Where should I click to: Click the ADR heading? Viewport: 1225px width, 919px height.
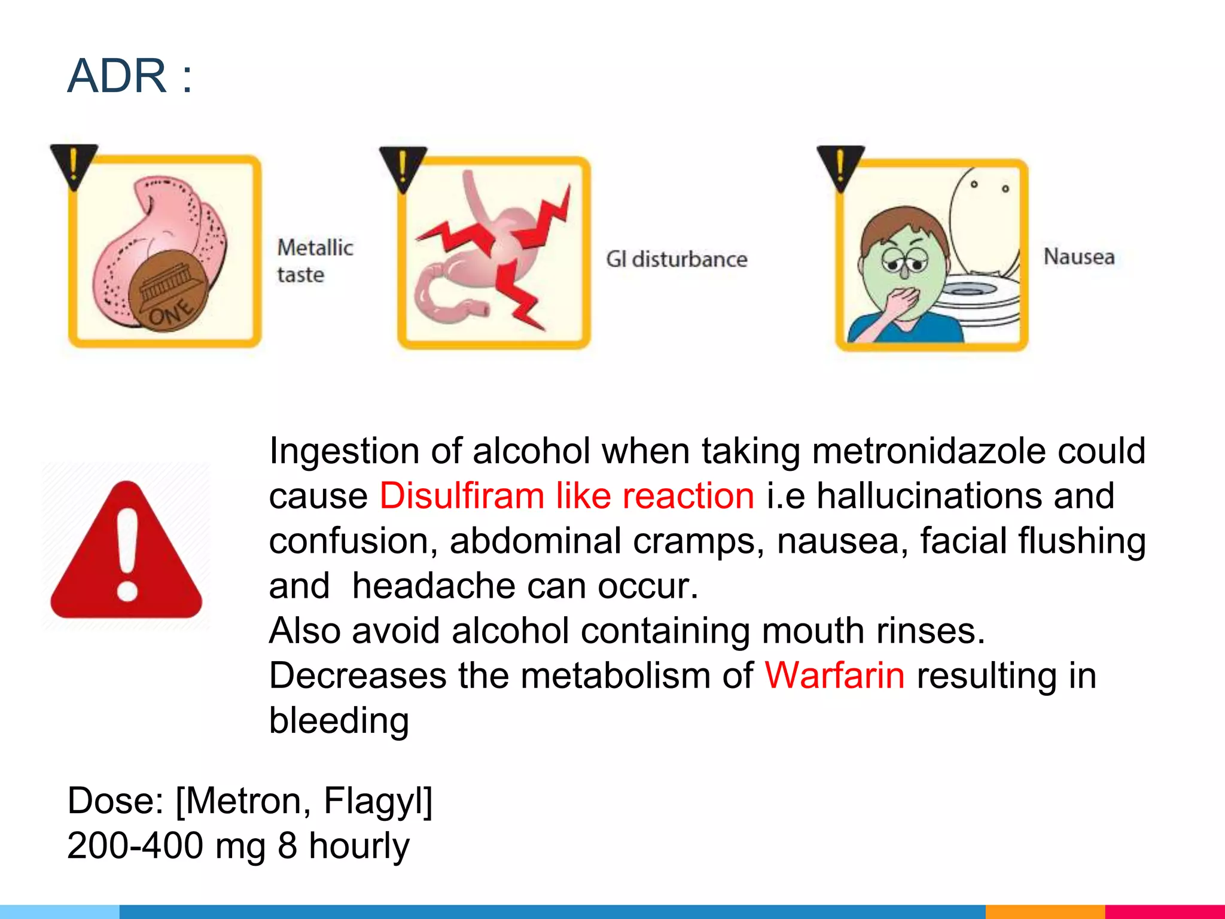pos(129,76)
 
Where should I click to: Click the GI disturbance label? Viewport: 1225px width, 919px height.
pos(677,259)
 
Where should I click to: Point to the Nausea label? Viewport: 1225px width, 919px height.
pos(1079,257)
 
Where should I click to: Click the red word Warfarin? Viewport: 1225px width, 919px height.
pos(835,675)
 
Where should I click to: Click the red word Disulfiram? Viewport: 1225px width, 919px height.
pos(462,496)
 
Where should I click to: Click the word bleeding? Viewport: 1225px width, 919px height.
pos(339,720)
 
